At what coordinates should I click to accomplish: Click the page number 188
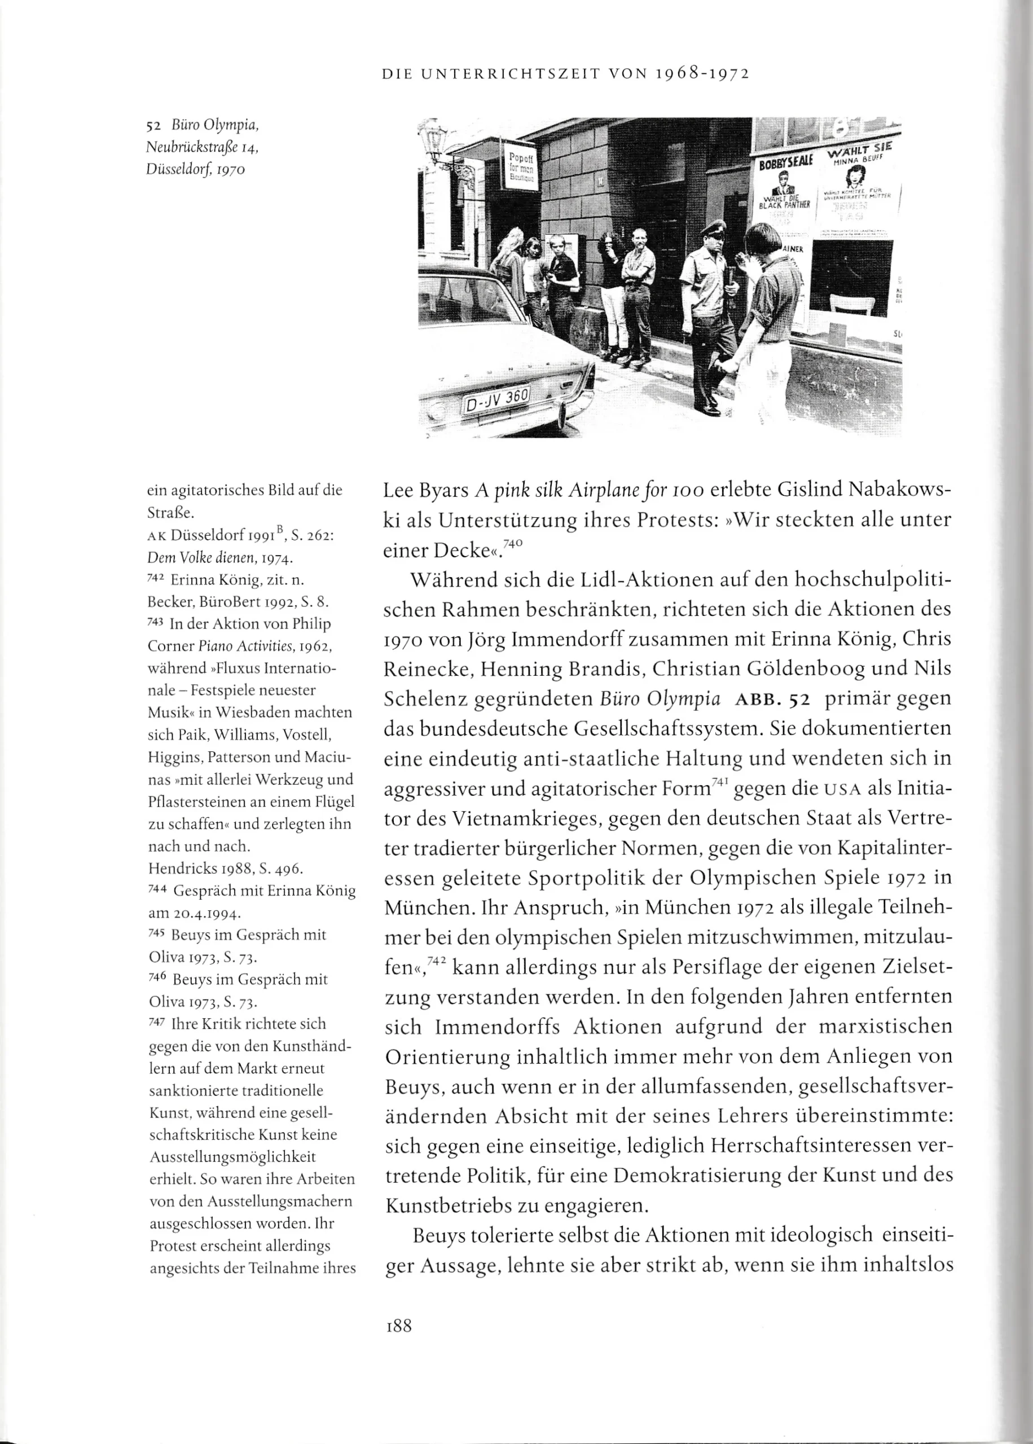coord(398,1325)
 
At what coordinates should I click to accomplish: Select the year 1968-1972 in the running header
coord(702,74)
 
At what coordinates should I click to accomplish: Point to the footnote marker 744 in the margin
coord(156,889)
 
